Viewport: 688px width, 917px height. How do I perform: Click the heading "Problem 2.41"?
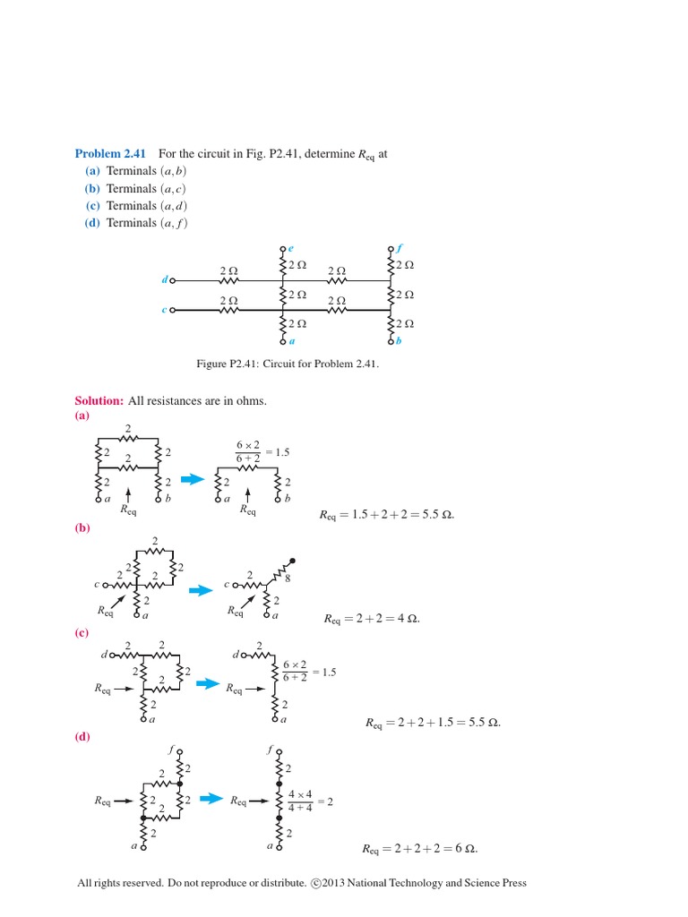pyautogui.click(x=110, y=154)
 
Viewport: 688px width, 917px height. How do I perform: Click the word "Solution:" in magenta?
pyautogui.click(x=99, y=401)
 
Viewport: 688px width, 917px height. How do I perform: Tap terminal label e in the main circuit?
pyautogui.click(x=291, y=248)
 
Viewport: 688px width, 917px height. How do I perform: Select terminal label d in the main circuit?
pyautogui.click(x=164, y=280)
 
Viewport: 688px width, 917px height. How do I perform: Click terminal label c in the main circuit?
pyautogui.click(x=164, y=311)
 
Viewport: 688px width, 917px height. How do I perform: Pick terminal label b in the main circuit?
pyautogui.click(x=399, y=341)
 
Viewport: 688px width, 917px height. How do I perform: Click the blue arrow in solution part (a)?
pyautogui.click(x=195, y=476)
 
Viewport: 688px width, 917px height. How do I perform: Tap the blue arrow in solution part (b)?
pyautogui.click(x=200, y=589)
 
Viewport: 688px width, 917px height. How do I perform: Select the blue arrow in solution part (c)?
pyautogui.click(x=208, y=683)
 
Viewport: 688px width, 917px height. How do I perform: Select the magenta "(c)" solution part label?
pyautogui.click(x=82, y=632)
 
